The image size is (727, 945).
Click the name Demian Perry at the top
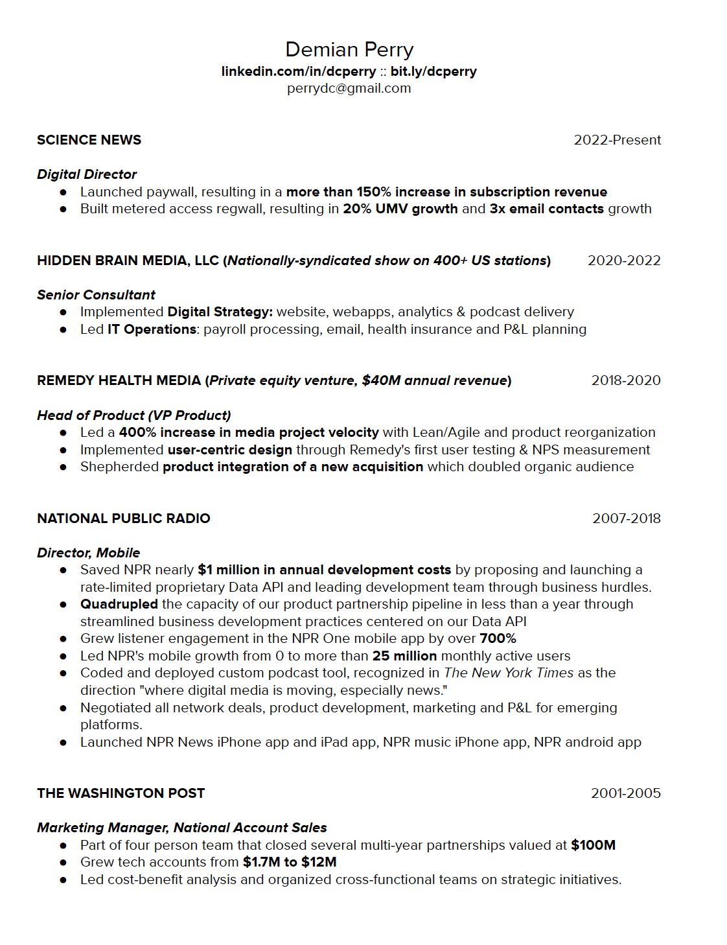pos(349,50)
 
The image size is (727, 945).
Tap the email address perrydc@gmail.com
pos(349,88)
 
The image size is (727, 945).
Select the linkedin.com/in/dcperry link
pos(298,71)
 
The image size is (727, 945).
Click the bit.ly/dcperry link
pos(433,71)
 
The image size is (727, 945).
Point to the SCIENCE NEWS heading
pos(89,140)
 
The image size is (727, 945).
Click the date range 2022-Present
pos(617,140)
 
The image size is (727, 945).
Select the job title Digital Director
pos(87,174)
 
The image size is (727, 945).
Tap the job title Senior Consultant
pos(96,295)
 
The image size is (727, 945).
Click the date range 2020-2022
pos(624,261)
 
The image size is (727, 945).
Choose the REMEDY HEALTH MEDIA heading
pos(119,380)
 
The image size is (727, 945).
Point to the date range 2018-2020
pos(626,380)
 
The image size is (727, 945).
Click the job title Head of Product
pos(91,415)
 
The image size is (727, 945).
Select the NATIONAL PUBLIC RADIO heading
pos(124,519)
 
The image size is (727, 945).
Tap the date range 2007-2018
pos(627,519)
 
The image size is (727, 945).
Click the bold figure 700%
pos(498,638)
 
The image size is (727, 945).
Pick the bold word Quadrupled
pos(119,604)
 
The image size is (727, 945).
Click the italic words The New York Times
pos(509,673)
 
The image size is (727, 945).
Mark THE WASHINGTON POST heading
pos(121,793)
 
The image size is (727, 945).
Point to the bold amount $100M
pos(593,845)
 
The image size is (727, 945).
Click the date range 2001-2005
pos(625,793)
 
